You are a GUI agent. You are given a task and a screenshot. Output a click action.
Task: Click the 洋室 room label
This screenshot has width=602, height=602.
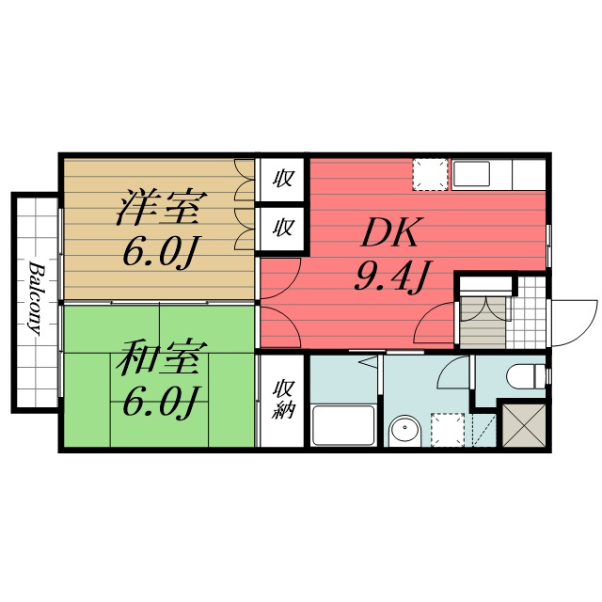tap(162, 207)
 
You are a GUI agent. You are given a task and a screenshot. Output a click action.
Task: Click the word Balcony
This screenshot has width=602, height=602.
tap(36, 298)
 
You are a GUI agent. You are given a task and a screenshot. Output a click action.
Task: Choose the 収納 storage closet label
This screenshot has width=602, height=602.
tap(283, 399)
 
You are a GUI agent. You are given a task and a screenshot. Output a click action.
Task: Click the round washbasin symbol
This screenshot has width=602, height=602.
tap(404, 430)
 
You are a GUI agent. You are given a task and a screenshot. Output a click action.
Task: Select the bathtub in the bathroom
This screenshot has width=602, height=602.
tap(342, 424)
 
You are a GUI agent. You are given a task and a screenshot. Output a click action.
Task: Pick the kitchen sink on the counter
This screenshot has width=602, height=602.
tap(471, 174)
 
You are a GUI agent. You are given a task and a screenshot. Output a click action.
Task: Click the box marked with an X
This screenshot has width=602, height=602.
tap(524, 425)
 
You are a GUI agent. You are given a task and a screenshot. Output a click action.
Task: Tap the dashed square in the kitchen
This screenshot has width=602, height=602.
tap(430, 174)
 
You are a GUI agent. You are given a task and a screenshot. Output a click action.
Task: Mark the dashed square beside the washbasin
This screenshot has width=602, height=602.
tap(448, 430)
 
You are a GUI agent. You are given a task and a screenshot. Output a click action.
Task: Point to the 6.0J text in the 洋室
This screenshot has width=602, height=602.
tap(161, 252)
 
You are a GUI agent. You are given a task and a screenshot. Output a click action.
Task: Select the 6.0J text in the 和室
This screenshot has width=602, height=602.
tap(161, 402)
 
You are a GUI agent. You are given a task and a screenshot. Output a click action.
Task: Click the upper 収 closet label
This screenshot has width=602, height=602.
tap(283, 179)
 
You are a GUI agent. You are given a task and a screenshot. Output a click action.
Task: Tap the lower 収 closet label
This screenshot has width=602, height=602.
tap(283, 228)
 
